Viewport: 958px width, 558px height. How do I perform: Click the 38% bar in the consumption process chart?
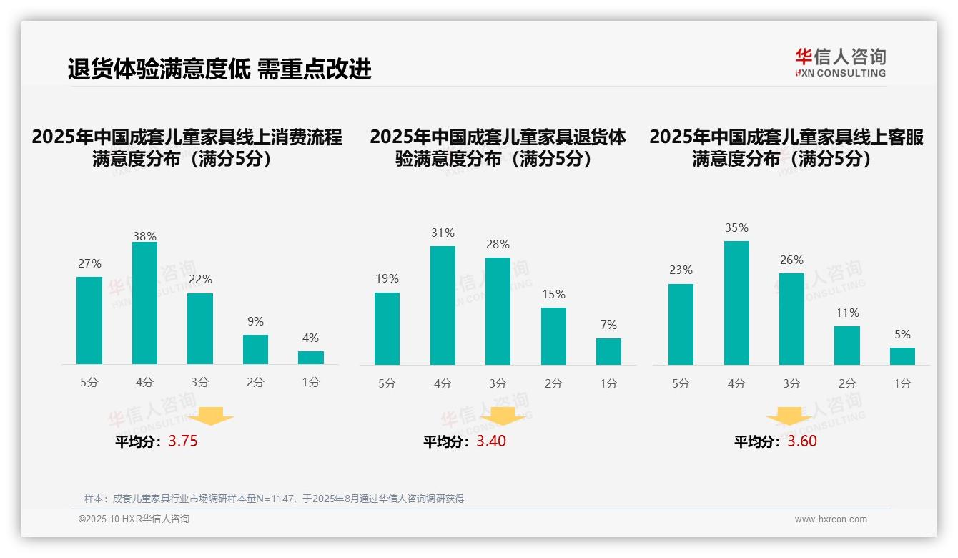coord(144,303)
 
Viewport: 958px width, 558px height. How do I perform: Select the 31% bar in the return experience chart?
coord(443,305)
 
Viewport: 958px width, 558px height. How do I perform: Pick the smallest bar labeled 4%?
coord(310,358)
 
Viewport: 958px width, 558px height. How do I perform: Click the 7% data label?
coord(608,325)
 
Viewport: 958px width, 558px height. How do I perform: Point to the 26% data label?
coord(791,260)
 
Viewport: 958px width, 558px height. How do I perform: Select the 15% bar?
coord(553,336)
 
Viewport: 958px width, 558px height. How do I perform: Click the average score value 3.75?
coord(183,441)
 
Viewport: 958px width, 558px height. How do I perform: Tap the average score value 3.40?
coord(491,441)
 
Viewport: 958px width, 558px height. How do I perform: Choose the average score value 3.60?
coord(802,441)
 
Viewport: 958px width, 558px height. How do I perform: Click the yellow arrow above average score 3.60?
coord(789,416)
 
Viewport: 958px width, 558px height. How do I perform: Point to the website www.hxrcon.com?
coord(830,519)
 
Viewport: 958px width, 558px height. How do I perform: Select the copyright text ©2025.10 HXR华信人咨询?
coord(134,519)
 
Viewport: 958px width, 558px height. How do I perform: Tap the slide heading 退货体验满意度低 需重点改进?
coord(219,69)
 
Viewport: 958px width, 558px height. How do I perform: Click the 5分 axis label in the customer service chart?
coord(681,383)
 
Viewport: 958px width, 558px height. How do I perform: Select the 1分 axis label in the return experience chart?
coord(608,383)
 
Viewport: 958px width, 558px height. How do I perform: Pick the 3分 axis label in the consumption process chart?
coord(200,383)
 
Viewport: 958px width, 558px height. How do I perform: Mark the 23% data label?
coord(681,270)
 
